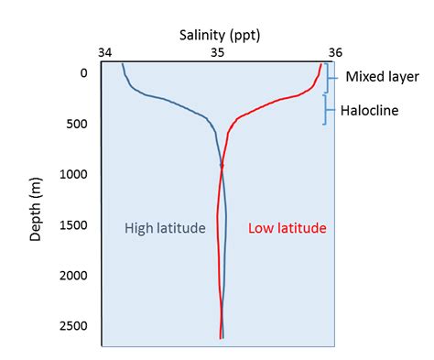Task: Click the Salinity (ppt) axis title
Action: coord(220,34)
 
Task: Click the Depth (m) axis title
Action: coord(36,201)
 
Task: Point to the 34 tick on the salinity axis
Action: coord(105,53)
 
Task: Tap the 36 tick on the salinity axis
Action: coord(334,53)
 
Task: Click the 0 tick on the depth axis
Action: coord(83,73)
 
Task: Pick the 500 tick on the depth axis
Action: coord(77,125)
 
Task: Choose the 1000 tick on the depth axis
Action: coord(74,175)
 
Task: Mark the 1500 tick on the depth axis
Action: coord(74,225)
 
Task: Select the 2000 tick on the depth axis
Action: coord(74,276)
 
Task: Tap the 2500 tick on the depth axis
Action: coord(74,326)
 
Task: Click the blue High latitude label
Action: coord(165,227)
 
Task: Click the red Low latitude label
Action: coord(288,227)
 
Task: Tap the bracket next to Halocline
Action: coord(326,110)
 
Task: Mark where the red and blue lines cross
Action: coord(221,167)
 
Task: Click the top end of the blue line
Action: coord(122,63)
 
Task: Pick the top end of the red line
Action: coord(321,63)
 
